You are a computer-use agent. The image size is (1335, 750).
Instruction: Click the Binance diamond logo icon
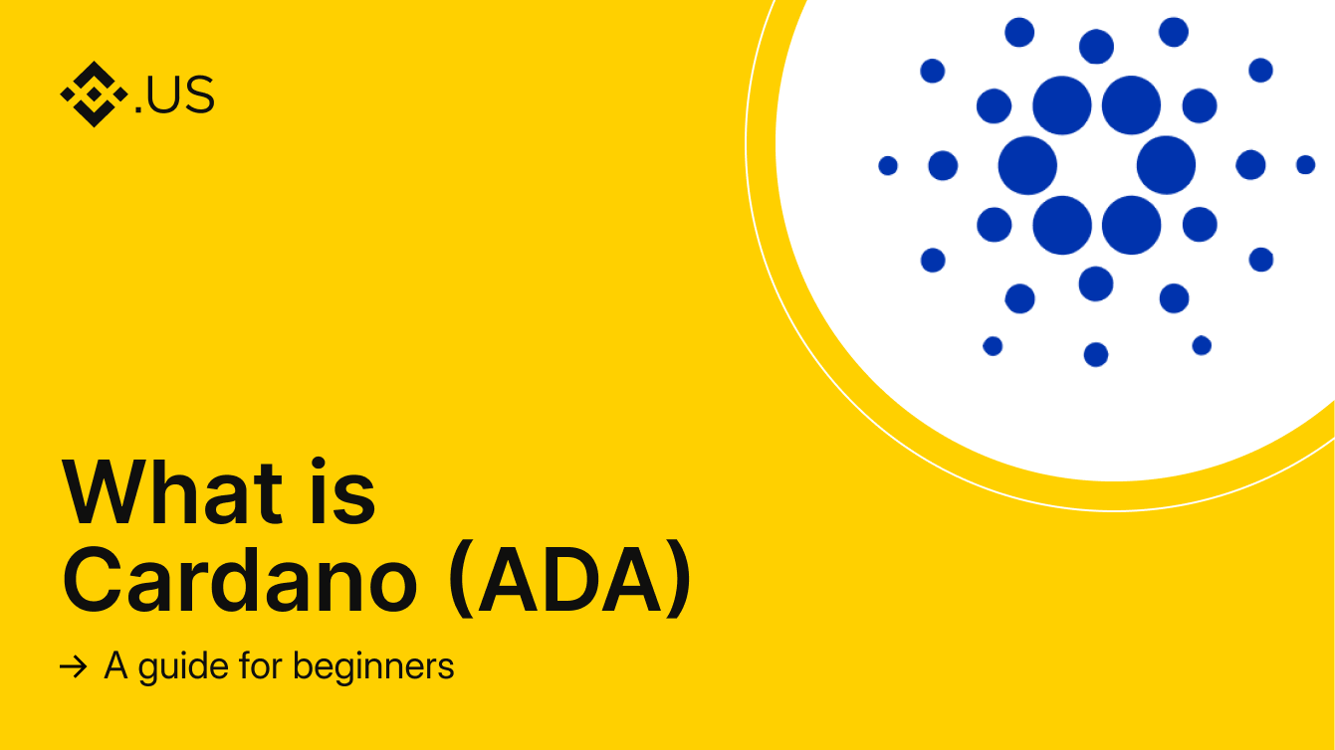(94, 94)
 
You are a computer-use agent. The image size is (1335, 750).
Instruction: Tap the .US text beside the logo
(174, 95)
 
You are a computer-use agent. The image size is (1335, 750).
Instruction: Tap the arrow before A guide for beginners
(73, 667)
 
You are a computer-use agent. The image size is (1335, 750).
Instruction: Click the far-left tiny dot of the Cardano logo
(888, 165)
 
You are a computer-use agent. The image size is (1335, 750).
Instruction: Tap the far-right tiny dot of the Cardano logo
(1305, 164)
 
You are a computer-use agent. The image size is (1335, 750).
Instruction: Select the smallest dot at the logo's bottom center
(1096, 354)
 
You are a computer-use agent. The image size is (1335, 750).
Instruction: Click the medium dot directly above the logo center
(1096, 46)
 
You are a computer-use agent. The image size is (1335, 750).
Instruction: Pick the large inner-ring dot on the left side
(1027, 165)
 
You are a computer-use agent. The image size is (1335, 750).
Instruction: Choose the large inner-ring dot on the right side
(1166, 165)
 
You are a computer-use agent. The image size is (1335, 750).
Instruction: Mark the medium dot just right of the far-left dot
(943, 165)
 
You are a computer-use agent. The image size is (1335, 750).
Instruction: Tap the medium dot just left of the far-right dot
(1250, 165)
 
